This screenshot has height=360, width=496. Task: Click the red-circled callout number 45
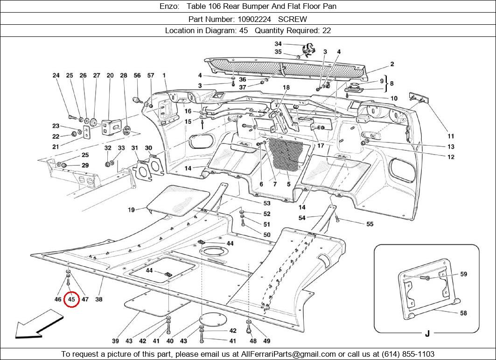[72, 299]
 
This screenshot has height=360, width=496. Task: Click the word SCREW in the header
[293, 19]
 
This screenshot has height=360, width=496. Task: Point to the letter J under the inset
[427, 333]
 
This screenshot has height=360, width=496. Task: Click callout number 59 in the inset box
[463, 274]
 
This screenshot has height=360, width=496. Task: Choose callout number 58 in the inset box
[463, 313]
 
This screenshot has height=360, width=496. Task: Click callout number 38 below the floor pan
[99, 299]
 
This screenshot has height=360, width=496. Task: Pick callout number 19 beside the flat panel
[132, 210]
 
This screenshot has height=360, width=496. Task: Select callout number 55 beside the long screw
[370, 224]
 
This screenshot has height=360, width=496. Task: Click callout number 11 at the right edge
[451, 136]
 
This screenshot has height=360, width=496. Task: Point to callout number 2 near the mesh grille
[392, 64]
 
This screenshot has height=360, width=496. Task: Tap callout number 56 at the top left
[137, 75]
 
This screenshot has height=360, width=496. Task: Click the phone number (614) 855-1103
[407, 354]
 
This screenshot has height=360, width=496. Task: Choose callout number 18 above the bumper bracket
[286, 87]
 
